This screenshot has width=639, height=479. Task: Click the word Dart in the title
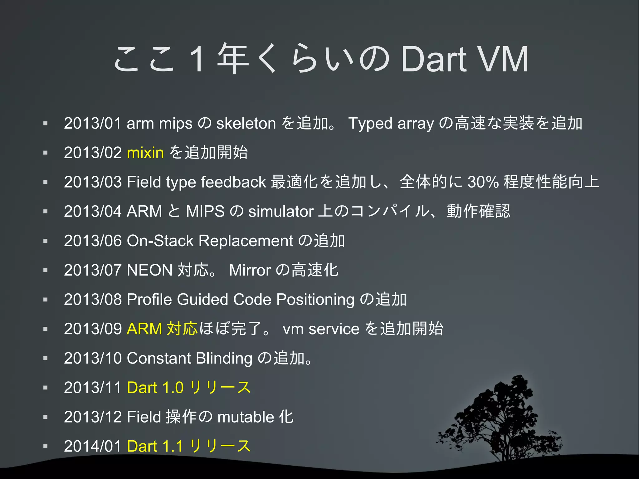[x=434, y=59]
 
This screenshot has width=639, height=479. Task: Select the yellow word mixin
[x=145, y=153]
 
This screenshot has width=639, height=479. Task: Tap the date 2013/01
[x=92, y=123]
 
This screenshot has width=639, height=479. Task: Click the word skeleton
[x=246, y=123]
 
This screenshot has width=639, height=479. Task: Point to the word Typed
[x=370, y=123]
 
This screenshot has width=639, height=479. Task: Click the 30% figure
[x=483, y=182]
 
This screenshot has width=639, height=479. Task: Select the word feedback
[x=233, y=182]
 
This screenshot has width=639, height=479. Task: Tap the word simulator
[x=280, y=211]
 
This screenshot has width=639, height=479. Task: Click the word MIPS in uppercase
[x=205, y=211]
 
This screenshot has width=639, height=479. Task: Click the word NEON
[x=149, y=270]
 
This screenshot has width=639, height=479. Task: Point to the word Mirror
[x=250, y=270]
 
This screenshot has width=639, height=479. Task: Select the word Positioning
[x=315, y=299]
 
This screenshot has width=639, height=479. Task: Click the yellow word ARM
[x=144, y=329]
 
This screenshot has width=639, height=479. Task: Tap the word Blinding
[x=224, y=358]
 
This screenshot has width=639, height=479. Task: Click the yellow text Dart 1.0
[x=155, y=388]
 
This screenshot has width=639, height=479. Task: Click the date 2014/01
[x=92, y=446]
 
